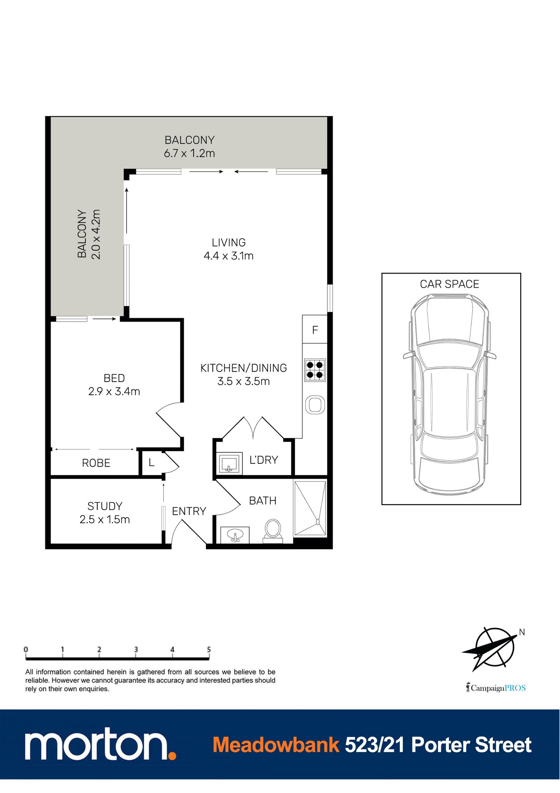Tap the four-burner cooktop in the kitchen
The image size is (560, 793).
coord(315,370)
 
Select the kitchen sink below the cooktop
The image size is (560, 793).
coord(315,405)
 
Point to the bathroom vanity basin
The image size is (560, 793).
coord(235,535)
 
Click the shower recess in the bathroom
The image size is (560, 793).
coord(310,509)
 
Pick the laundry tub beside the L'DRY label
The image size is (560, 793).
coord(229,463)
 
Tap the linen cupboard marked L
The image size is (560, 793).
coord(151,463)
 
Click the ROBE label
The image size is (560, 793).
coord(96,463)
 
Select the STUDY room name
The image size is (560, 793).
coord(105,506)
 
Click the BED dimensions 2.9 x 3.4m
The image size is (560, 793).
coord(114,391)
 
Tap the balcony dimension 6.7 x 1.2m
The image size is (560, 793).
coord(189,153)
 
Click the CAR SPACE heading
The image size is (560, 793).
coord(449,284)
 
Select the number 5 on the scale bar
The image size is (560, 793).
coord(209,649)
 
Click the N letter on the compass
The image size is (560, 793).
coord(522,632)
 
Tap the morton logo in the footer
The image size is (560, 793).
coord(100,743)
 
